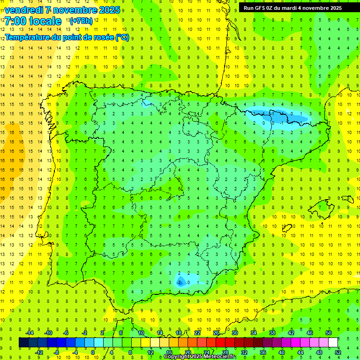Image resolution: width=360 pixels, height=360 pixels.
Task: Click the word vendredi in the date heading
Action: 24,10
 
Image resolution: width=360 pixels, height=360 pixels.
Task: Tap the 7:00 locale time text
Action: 33,21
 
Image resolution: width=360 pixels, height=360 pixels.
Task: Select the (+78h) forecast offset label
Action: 81,21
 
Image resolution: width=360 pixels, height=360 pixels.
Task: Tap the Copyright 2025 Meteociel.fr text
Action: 200,357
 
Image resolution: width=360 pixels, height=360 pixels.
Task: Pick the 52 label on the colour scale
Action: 338,352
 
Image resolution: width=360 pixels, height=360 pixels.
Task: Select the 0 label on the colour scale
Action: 93,352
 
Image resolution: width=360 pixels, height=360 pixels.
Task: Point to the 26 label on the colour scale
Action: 216,332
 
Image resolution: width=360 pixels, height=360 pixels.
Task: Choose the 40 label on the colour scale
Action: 281,352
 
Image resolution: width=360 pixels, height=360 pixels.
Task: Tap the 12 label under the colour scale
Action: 150,352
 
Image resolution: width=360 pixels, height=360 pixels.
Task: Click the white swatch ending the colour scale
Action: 333,342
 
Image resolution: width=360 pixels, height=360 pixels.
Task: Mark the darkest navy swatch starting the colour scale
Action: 23,342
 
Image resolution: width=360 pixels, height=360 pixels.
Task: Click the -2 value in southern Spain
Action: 180,282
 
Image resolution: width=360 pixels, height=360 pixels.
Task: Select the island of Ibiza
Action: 287,228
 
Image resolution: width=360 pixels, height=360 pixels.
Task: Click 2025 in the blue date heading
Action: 109,10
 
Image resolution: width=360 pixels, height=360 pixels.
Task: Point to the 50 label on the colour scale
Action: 328,332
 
